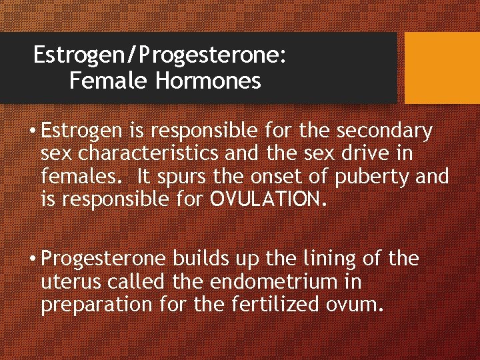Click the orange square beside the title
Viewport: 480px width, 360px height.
[x=442, y=67]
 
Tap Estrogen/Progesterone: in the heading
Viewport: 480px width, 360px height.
[x=160, y=55]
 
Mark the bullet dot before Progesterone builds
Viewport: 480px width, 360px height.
[x=32, y=259]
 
